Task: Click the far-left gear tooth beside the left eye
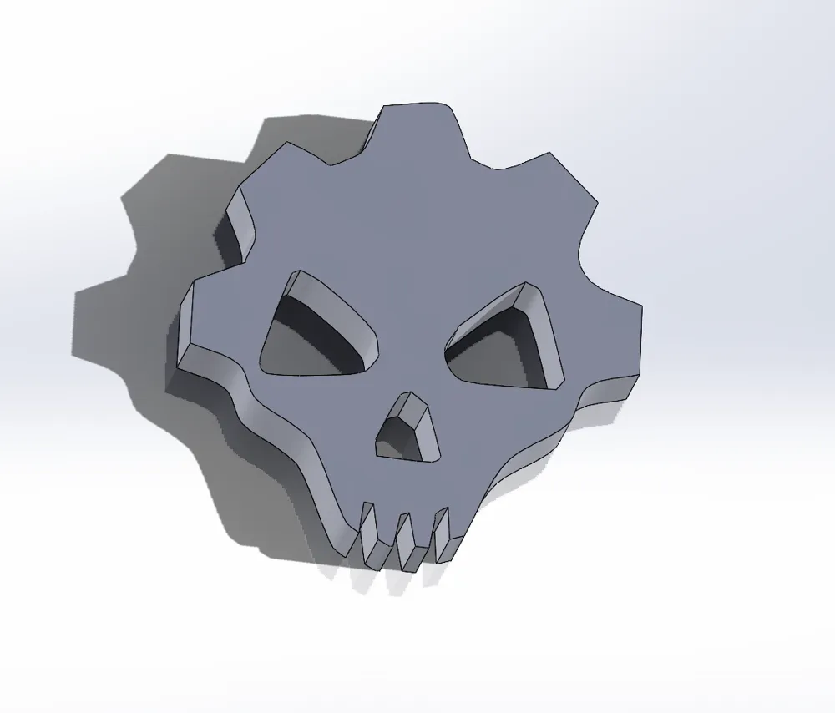coord(205,321)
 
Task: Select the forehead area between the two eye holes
coord(409,326)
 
